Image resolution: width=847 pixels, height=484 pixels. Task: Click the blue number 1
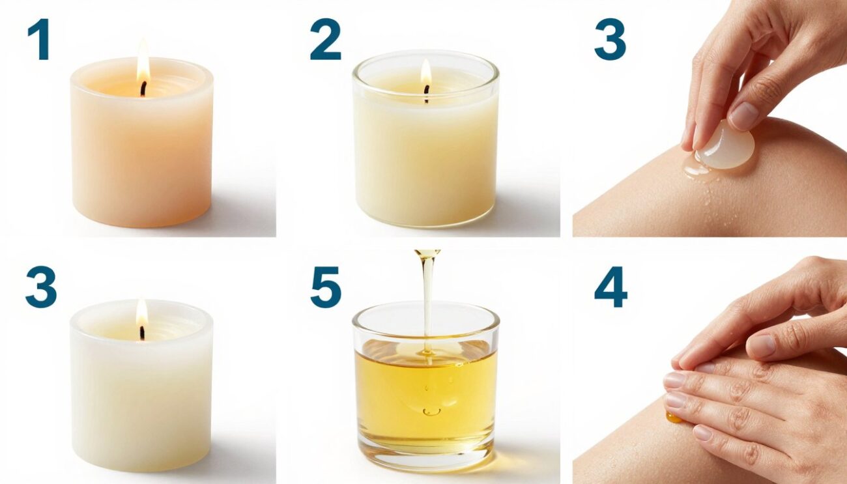[39, 40]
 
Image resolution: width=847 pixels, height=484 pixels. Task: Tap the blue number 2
[325, 40]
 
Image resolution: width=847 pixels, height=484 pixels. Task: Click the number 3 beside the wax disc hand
[610, 40]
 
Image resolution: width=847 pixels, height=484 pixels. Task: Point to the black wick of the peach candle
[143, 89]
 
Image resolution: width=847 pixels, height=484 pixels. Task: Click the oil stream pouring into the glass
[427, 293]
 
